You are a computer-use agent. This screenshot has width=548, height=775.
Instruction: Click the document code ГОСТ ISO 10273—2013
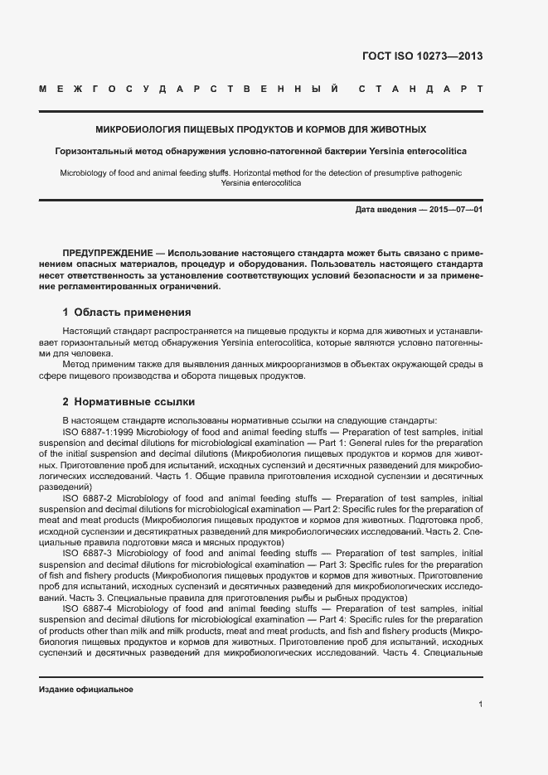pyautogui.click(x=423, y=57)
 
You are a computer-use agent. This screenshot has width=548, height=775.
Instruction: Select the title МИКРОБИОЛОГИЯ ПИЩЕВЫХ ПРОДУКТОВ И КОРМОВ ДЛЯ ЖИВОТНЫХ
pyautogui.click(x=261, y=130)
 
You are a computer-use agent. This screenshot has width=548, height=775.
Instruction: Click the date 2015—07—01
pyautogui.click(x=454, y=211)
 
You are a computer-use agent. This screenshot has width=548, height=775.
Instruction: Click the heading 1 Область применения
pyautogui.click(x=127, y=312)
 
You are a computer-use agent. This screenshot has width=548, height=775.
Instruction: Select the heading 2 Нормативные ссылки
pyautogui.click(x=129, y=402)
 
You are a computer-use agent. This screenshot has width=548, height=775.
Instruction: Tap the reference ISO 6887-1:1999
pyautogui.click(x=98, y=431)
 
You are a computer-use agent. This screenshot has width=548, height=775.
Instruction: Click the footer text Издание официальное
pyautogui.click(x=86, y=690)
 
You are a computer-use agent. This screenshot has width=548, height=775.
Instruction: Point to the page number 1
pyautogui.click(x=480, y=705)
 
